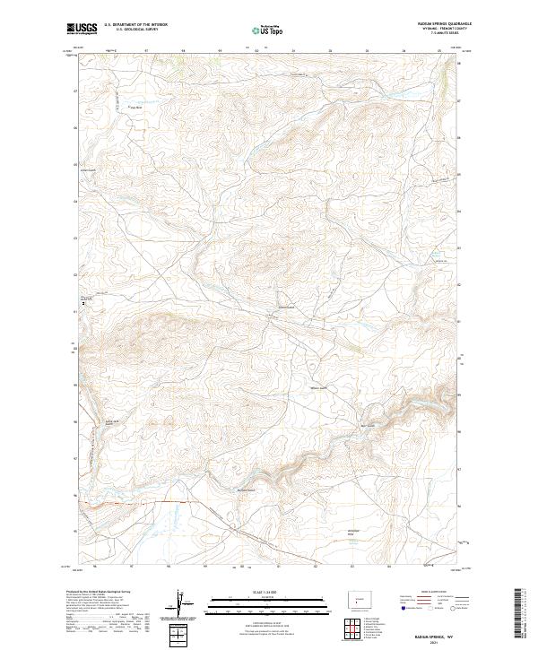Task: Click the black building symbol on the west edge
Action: coord(84,304)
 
